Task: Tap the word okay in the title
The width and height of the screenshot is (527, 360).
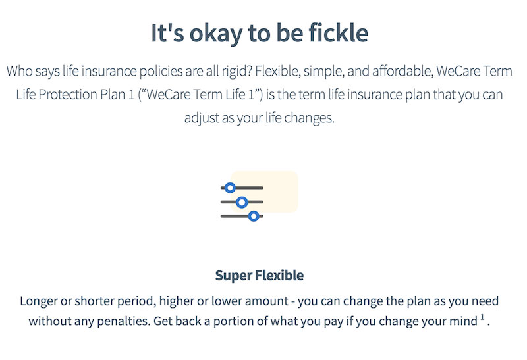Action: click(x=215, y=34)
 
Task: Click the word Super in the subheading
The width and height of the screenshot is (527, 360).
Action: click(x=234, y=276)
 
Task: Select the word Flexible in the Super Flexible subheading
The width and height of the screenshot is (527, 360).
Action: click(x=279, y=275)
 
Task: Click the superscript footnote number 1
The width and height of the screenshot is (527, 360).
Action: click(x=482, y=317)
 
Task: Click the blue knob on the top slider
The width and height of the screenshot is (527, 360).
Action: click(x=230, y=188)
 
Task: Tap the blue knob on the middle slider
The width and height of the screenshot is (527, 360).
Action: click(x=242, y=202)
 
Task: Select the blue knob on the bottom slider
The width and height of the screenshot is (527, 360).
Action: click(x=254, y=216)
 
